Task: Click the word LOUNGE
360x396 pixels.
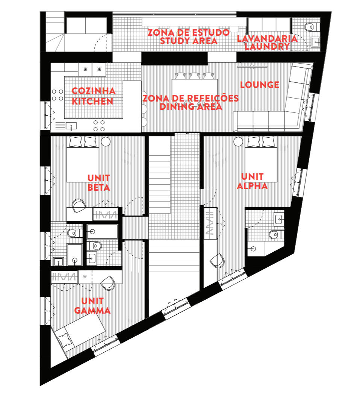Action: click(260, 85)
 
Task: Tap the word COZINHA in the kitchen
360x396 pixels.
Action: click(93, 91)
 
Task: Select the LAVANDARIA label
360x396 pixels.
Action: click(267, 38)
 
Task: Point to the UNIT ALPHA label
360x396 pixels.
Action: click(253, 181)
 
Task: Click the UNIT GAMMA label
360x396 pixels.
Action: click(92, 306)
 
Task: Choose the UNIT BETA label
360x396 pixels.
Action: click(99, 182)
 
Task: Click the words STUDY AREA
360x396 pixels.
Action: click(188, 41)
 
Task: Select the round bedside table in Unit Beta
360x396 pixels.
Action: click(105, 142)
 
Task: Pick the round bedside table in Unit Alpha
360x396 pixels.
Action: click(238, 142)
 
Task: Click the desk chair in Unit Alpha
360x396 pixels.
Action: click(218, 261)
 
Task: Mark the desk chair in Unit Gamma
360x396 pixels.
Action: click(108, 282)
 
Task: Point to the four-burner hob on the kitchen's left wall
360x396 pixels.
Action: click(57, 95)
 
